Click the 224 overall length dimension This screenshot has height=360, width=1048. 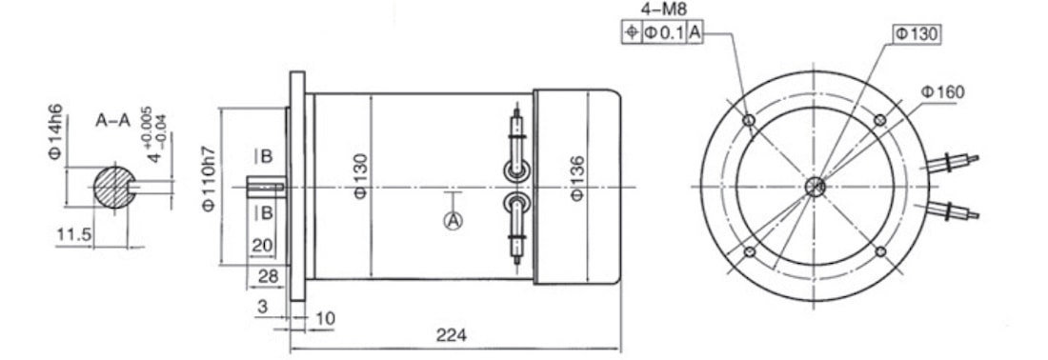tap(452, 334)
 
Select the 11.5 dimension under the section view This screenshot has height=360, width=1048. tap(73, 235)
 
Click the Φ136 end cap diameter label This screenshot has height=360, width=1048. tap(578, 178)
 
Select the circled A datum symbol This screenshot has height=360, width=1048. tap(453, 220)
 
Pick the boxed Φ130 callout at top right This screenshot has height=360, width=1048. tap(917, 34)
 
